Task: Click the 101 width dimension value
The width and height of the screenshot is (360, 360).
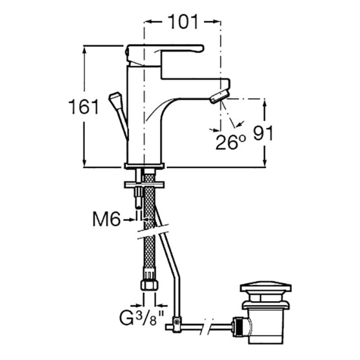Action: point(183,22)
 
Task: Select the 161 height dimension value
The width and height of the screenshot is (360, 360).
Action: point(84,107)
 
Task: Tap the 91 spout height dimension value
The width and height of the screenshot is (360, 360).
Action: point(263,133)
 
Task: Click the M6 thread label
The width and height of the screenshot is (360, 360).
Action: point(106,219)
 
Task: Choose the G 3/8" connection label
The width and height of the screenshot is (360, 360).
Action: point(142,318)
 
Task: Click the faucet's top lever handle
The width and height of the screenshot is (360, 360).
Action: point(165,55)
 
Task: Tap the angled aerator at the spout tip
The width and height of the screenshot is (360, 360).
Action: point(220,97)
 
